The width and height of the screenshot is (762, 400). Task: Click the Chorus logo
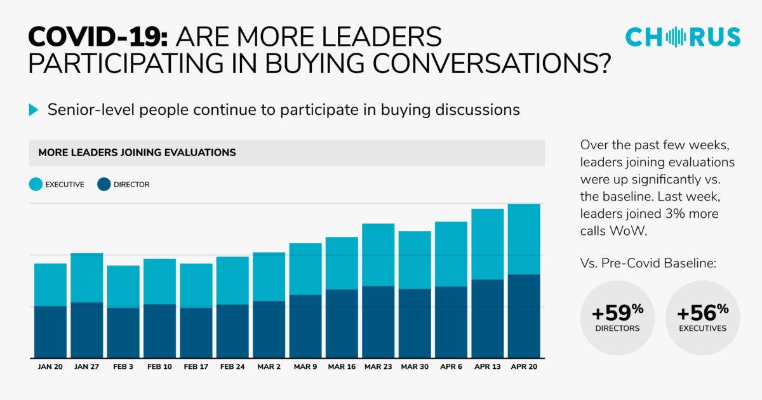pyautogui.click(x=683, y=37)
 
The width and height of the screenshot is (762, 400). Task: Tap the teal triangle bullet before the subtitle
pyautogui.click(x=34, y=110)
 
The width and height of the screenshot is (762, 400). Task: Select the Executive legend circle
pyautogui.click(x=36, y=184)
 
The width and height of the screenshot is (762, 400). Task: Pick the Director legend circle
pyautogui.click(x=104, y=184)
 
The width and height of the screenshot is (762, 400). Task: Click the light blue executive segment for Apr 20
pyautogui.click(x=524, y=239)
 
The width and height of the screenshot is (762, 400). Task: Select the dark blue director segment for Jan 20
pyautogui.click(x=50, y=331)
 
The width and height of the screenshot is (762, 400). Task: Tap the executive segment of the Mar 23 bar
pyautogui.click(x=378, y=255)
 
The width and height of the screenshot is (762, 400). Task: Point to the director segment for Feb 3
pyautogui.click(x=123, y=332)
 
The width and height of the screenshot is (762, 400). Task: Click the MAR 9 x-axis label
pyautogui.click(x=305, y=366)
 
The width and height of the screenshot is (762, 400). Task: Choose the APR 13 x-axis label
pyautogui.click(x=487, y=366)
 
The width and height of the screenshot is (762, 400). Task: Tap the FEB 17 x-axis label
pyautogui.click(x=196, y=366)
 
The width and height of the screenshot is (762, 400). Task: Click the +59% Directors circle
pyautogui.click(x=617, y=317)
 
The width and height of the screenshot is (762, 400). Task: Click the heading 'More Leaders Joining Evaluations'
pyautogui.click(x=137, y=152)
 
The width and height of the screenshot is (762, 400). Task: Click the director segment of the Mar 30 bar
pyautogui.click(x=415, y=323)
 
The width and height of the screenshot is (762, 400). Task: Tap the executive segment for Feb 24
pyautogui.click(x=232, y=280)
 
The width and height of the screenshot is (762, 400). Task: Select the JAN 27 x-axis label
pyautogui.click(x=86, y=366)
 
